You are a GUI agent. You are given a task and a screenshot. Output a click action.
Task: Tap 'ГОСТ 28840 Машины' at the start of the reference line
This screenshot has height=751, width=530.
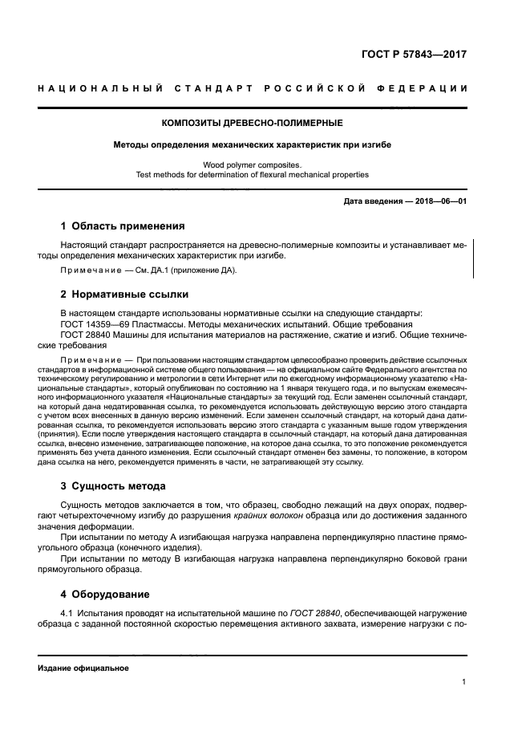coord(110,334)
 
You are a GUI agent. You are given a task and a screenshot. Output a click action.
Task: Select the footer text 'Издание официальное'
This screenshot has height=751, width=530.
coord(83,668)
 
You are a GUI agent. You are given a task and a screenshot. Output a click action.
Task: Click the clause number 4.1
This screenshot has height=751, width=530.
coord(68,613)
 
